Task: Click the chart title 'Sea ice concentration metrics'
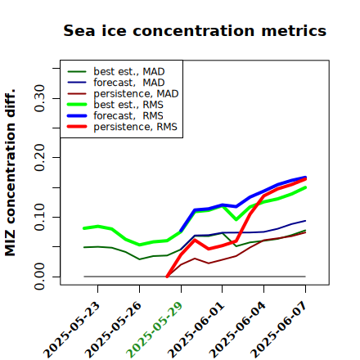(x=195, y=30)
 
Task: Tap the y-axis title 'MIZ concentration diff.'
(x=10, y=173)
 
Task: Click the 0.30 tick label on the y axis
(x=39, y=98)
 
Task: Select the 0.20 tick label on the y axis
(x=39, y=158)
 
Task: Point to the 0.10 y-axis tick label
(x=39, y=217)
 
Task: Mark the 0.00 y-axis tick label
(x=39, y=277)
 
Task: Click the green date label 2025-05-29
(x=155, y=330)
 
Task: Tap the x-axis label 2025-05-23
(x=71, y=330)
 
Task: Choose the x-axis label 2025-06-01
(x=196, y=330)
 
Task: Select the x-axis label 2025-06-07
(x=279, y=330)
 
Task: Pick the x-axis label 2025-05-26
(x=113, y=330)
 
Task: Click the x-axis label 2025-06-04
(x=237, y=330)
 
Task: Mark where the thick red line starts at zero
(x=167, y=277)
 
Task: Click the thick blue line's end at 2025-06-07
(x=305, y=178)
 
